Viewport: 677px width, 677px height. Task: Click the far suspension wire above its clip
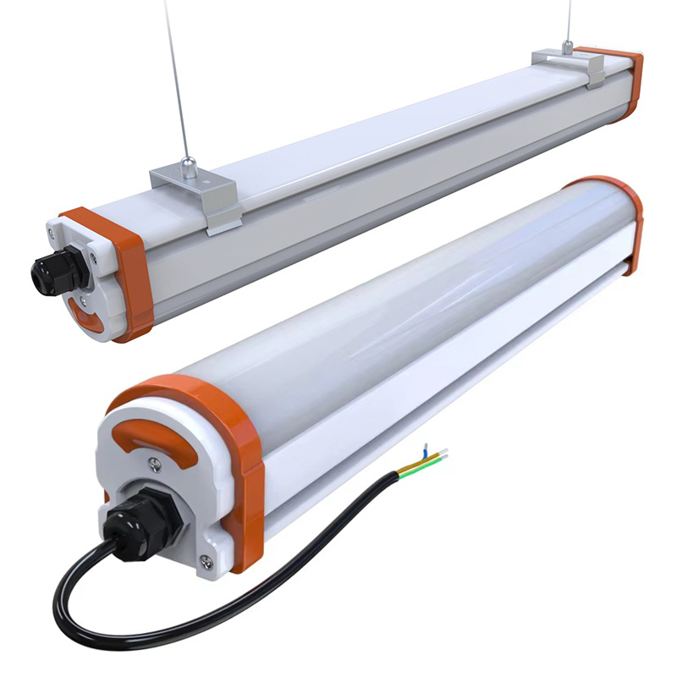(568, 21)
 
